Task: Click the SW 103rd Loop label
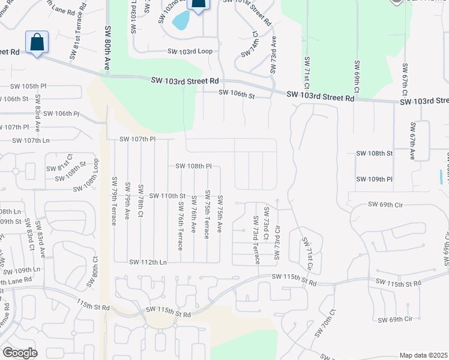coord(190,52)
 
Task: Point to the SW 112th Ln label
coord(148,262)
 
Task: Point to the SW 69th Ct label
coord(357,76)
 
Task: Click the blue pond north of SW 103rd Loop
coord(180,21)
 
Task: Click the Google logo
coord(20,353)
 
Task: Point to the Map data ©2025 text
coord(423,355)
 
